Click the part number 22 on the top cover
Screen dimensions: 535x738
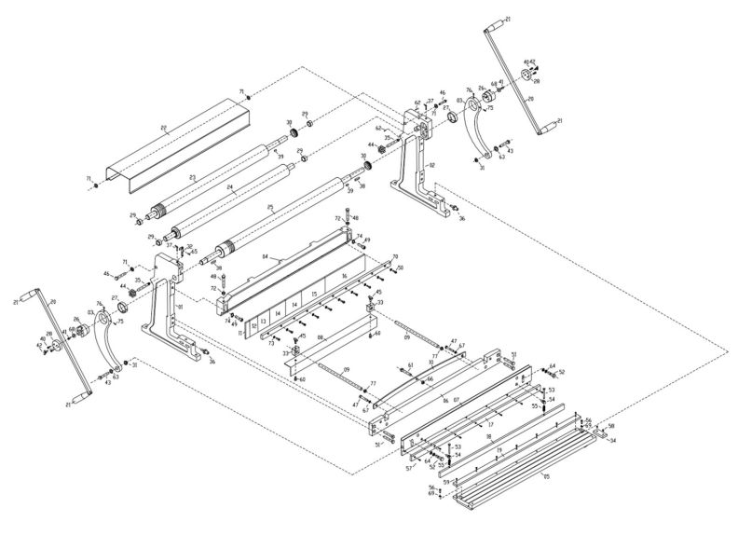click(164, 127)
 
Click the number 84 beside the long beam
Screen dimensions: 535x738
click(266, 255)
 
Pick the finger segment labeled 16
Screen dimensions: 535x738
click(344, 277)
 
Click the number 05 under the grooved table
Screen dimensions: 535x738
click(545, 476)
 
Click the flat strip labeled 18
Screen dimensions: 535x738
click(488, 436)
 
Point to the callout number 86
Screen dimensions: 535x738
click(445, 399)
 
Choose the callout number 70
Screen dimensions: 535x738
click(394, 255)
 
